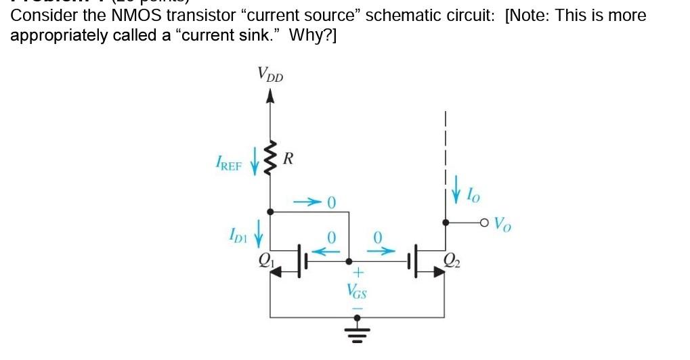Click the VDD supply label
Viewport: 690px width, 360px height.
(270, 74)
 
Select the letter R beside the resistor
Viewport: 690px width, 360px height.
(288, 160)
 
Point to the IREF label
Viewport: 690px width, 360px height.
(229, 164)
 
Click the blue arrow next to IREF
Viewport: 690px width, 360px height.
(255, 164)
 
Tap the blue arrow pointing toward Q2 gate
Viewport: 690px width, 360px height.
(379, 251)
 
